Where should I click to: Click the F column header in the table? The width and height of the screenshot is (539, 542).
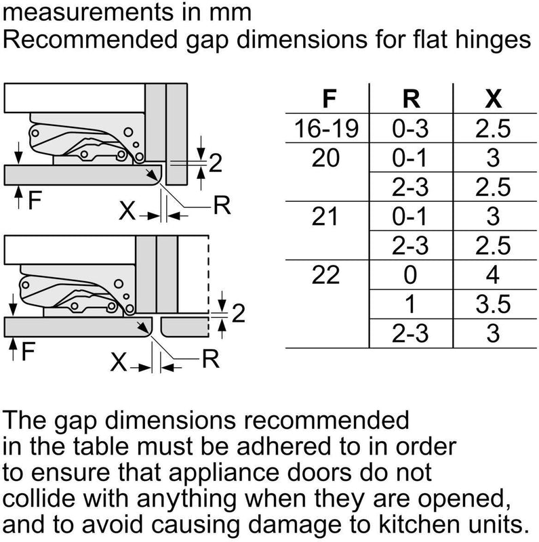click(328, 99)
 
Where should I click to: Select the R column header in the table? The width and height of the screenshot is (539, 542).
click(410, 99)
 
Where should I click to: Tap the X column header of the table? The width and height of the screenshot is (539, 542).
click(493, 99)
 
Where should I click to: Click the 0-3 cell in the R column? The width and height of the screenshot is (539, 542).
click(410, 129)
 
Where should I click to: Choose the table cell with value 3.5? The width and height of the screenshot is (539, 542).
click(493, 304)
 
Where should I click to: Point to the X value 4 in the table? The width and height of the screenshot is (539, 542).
click(493, 275)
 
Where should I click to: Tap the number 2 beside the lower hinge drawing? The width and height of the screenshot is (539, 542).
click(237, 314)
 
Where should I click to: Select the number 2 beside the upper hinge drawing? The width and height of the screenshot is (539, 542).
click(216, 163)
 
